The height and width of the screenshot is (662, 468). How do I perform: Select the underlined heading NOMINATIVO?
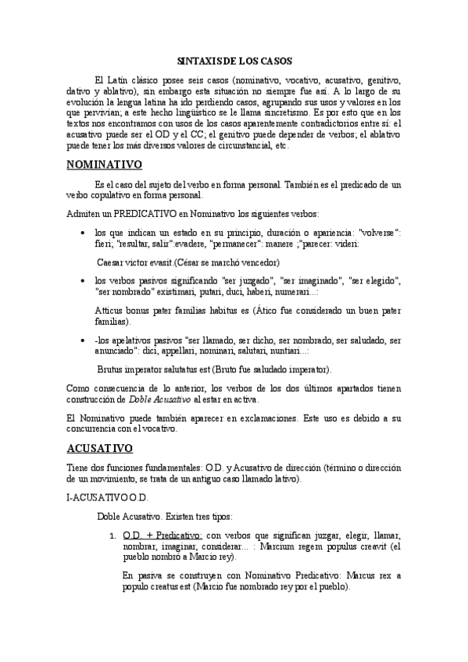coord(103,165)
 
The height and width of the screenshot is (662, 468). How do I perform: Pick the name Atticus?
coord(109,310)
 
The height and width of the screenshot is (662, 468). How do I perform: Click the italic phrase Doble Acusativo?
coord(159,398)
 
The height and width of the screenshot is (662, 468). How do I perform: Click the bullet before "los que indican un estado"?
coord(84,233)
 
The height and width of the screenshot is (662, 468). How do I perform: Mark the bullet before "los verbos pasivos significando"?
coord(84,281)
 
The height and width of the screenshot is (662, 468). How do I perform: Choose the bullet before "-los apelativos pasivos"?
coord(84,340)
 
